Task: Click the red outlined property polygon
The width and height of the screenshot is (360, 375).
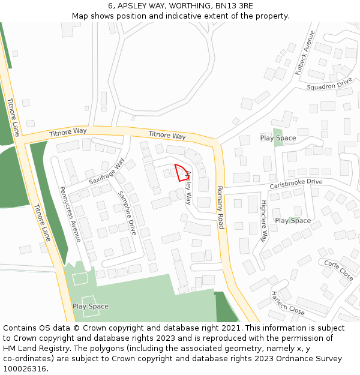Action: click(x=179, y=172)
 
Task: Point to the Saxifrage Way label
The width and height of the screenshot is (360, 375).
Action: click(x=107, y=172)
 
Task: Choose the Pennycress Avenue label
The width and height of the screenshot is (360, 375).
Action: click(x=70, y=214)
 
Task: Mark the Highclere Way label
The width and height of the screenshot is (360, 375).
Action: click(x=263, y=221)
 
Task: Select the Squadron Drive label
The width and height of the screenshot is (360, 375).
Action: click(x=329, y=83)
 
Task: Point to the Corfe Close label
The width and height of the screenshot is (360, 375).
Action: click(x=338, y=271)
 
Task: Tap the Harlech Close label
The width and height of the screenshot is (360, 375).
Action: click(x=288, y=304)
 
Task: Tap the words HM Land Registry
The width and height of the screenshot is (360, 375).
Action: click(x=33, y=349)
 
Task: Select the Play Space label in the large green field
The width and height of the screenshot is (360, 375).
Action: click(x=91, y=306)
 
